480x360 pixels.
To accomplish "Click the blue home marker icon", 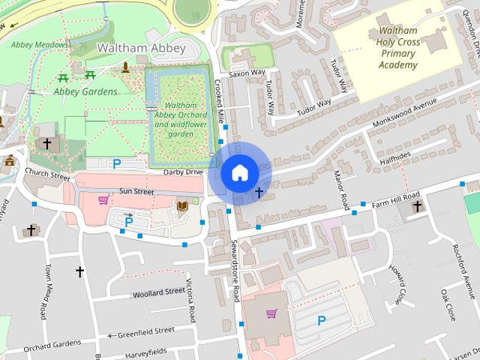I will click(239, 172).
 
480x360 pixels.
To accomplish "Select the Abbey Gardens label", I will click(85, 91).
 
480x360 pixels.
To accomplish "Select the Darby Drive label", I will click(184, 172).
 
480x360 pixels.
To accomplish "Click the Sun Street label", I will click(136, 192).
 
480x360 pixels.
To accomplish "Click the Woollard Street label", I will click(158, 292).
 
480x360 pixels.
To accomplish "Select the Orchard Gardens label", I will click(52, 344).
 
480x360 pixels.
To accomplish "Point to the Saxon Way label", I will click(247, 73).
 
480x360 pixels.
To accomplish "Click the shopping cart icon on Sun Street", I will click(103, 199).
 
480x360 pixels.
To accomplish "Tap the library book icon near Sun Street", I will click(183, 205).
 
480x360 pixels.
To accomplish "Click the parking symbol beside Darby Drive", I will click(116, 163).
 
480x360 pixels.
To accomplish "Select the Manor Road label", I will click(341, 190).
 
